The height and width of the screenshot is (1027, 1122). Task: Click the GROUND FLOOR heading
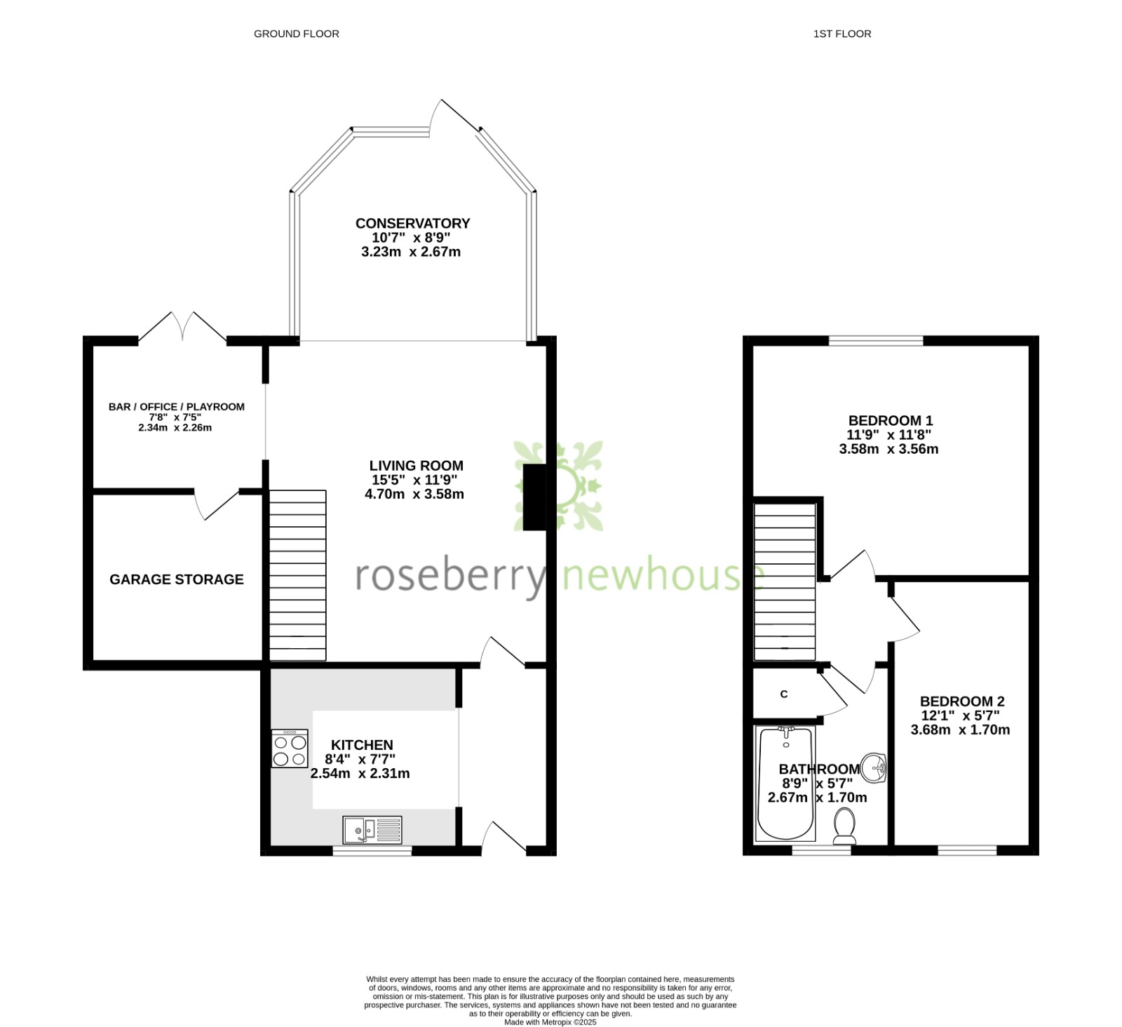(x=296, y=34)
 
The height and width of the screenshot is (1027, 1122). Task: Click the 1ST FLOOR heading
(x=842, y=34)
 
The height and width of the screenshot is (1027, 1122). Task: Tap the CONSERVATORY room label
(x=412, y=223)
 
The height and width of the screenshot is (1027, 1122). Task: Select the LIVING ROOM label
(x=417, y=465)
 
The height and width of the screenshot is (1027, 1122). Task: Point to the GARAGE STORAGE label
(x=177, y=579)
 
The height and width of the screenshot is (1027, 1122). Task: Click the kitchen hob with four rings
(x=290, y=749)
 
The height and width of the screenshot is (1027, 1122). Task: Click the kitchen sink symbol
(x=372, y=830)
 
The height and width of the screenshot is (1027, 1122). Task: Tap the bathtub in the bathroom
(x=785, y=784)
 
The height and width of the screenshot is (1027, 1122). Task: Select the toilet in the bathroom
(x=844, y=826)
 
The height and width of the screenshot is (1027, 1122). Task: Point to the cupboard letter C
(x=784, y=694)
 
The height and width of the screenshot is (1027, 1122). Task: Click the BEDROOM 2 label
(x=962, y=701)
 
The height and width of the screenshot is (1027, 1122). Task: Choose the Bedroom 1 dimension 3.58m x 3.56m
(x=888, y=449)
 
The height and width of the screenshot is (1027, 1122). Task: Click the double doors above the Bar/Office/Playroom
(x=182, y=327)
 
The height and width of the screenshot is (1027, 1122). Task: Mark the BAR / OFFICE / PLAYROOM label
(x=177, y=407)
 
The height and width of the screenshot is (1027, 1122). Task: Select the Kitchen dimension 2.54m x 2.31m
(x=360, y=774)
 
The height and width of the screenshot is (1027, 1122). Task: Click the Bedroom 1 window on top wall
(x=876, y=341)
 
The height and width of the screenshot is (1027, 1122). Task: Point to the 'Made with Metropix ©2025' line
(x=550, y=1022)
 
